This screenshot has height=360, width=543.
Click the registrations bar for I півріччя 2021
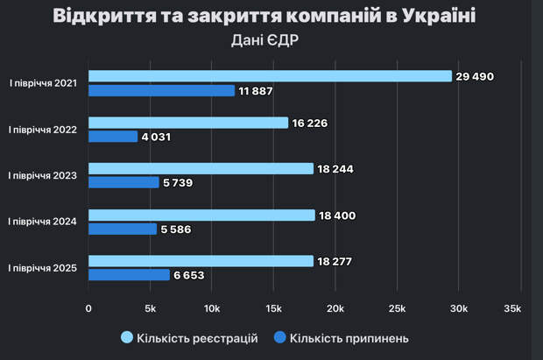click(270, 76)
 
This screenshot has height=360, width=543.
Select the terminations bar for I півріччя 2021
click(162, 90)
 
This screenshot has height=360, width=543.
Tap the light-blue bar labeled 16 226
click(188, 123)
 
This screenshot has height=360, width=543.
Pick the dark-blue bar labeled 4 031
click(113, 137)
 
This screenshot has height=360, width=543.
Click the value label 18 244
click(337, 169)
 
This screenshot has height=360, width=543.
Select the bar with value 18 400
click(201, 215)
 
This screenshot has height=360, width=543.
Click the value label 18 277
click(337, 261)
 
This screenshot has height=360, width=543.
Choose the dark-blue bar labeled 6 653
click(129, 275)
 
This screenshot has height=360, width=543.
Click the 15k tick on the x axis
click(273, 308)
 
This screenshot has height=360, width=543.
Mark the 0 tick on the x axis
click(88, 308)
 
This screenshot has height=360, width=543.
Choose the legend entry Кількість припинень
click(349, 338)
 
